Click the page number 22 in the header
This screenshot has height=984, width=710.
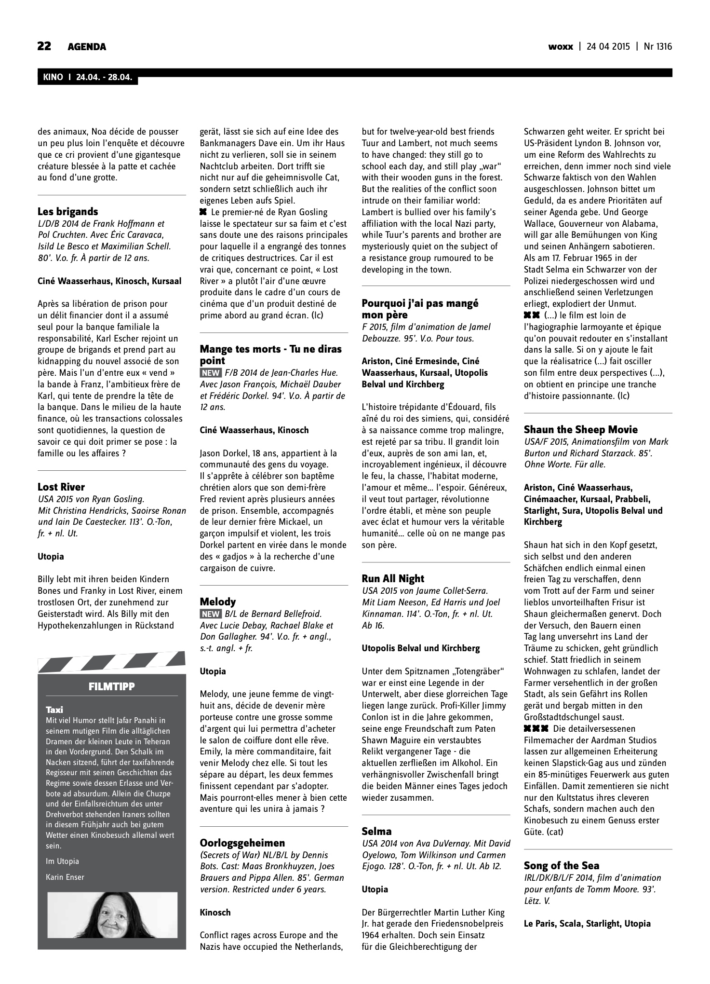click(x=44, y=46)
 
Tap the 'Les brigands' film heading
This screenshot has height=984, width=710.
click(x=67, y=211)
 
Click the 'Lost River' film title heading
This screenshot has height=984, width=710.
click(x=61, y=487)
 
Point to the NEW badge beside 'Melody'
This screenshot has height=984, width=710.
click(x=211, y=614)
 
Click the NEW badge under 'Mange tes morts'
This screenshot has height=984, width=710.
click(x=211, y=373)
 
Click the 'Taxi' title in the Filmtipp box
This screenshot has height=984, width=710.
click(x=54, y=710)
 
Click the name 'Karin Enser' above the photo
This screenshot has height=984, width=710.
click(x=65, y=877)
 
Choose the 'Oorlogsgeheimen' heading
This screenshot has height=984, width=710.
click(x=242, y=843)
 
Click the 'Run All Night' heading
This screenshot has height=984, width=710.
click(x=393, y=578)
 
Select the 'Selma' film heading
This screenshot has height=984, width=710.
click(x=376, y=831)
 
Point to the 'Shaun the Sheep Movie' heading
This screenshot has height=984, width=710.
click(x=580, y=429)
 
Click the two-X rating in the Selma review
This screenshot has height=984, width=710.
click(x=532, y=315)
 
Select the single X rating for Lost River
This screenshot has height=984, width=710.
click(x=203, y=212)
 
